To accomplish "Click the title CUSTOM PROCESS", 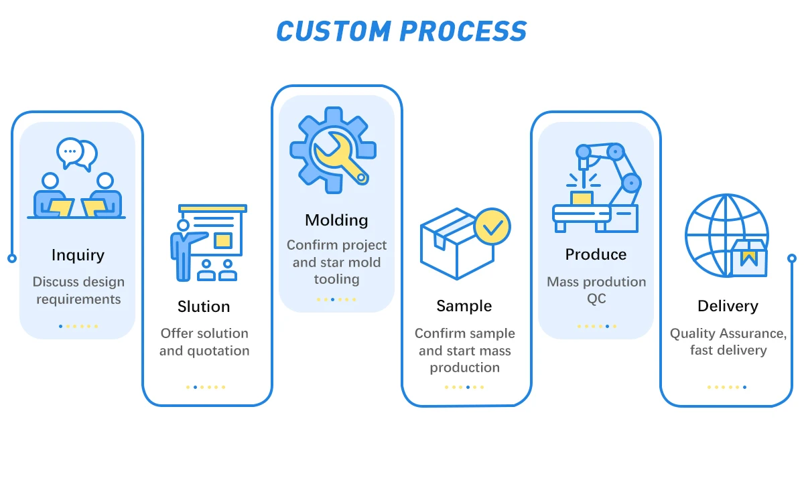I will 401,31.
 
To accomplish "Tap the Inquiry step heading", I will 78,255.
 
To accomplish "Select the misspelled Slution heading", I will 204,307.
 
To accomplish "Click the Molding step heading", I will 336,220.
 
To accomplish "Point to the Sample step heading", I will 464,307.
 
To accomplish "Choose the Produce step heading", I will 596,254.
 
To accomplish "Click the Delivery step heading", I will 728,307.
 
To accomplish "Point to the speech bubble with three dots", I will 70,152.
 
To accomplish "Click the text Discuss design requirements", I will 78,291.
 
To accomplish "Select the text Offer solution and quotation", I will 204,342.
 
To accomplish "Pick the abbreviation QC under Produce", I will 596,299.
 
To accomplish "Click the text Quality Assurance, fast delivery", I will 728,341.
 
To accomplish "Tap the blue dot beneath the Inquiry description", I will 60,327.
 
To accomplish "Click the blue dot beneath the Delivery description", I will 744,387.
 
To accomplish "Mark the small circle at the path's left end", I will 11,258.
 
